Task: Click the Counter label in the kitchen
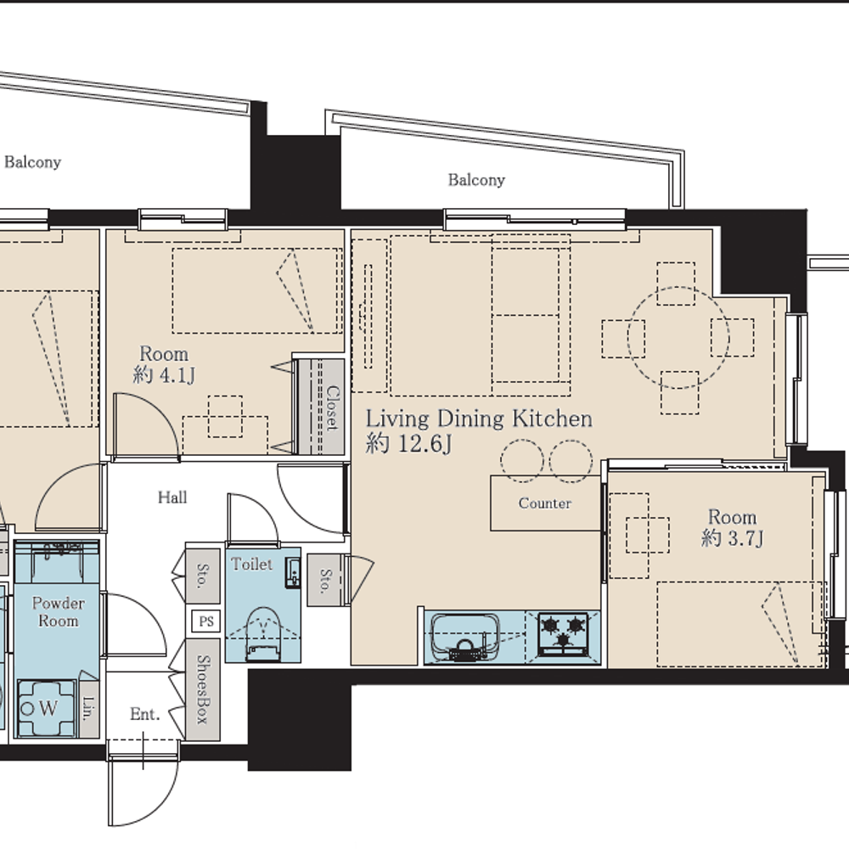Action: click(545, 503)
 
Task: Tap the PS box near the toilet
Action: click(206, 621)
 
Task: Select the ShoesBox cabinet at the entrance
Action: click(203, 689)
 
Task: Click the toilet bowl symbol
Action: click(263, 633)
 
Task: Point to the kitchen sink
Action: click(464, 638)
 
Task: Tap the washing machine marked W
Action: click(46, 708)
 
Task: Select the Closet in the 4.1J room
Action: click(321, 406)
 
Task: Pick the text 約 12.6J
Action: click(408, 443)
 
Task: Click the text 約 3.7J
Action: click(732, 538)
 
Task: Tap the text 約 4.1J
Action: click(164, 374)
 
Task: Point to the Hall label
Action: click(172, 497)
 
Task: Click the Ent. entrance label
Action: click(145, 714)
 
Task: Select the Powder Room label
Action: click(58, 612)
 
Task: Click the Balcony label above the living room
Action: click(476, 180)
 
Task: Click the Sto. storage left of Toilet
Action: click(203, 576)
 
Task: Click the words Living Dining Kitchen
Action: click(479, 419)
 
